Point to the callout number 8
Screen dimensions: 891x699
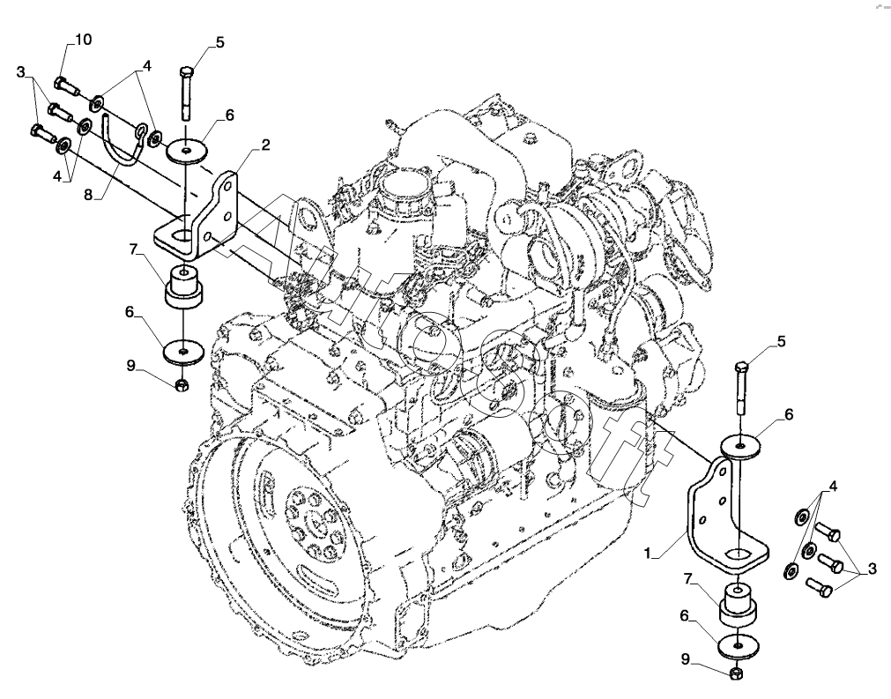click(x=88, y=195)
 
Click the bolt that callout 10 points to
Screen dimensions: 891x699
click(x=66, y=87)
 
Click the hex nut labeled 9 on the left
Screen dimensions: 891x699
click(x=182, y=385)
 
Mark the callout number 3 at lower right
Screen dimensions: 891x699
click(x=872, y=570)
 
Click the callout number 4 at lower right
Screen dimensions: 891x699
click(x=833, y=487)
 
